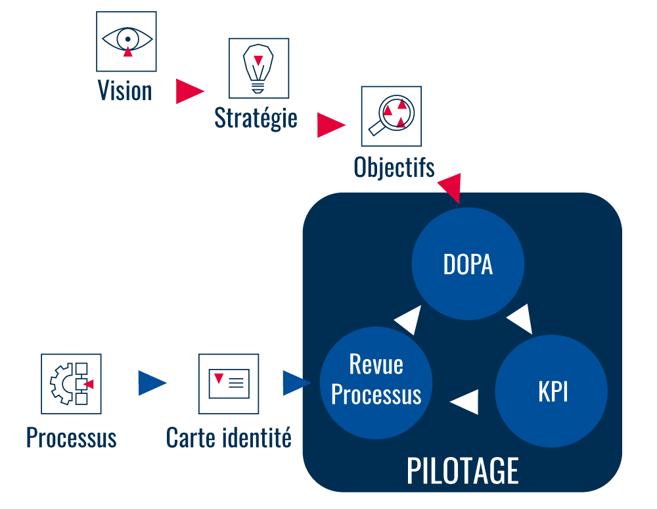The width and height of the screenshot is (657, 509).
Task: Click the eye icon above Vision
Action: pyautogui.click(x=127, y=41)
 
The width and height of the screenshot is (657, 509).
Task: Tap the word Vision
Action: pyautogui.click(x=125, y=91)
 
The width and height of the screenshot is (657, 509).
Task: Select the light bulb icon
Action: pyautogui.click(x=258, y=68)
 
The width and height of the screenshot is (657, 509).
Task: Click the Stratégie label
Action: pyautogui.click(x=256, y=118)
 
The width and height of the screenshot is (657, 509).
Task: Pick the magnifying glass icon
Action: pyautogui.click(x=391, y=116)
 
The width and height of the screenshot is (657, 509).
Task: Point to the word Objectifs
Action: pyautogui.click(x=394, y=167)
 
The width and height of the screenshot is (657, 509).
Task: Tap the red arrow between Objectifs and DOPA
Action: pyautogui.click(x=452, y=187)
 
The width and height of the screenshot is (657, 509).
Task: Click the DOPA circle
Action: pyautogui.click(x=468, y=264)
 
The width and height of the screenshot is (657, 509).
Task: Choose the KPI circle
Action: pyautogui.click(x=552, y=391)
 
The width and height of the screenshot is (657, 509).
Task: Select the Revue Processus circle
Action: pyautogui.click(x=376, y=382)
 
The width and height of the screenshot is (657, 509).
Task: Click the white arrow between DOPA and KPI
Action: pyautogui.click(x=520, y=320)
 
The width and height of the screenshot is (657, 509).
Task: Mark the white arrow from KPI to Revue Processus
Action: pyautogui.click(x=466, y=401)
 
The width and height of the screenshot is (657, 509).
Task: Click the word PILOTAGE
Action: pyautogui.click(x=463, y=471)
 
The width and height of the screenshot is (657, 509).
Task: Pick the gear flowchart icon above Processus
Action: pyautogui.click(x=71, y=383)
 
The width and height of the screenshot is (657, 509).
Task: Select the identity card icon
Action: pyautogui.click(x=229, y=383)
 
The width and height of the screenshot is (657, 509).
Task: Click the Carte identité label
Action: pyautogui.click(x=229, y=437)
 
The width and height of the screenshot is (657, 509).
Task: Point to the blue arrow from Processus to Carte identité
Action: pyautogui.click(x=150, y=383)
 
